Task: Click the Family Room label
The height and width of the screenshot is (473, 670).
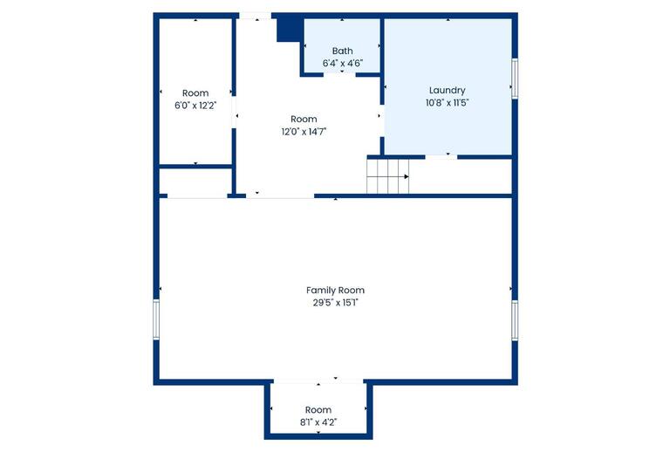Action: pyautogui.click(x=335, y=290)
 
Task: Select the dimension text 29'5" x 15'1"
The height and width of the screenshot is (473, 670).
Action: pyautogui.click(x=335, y=303)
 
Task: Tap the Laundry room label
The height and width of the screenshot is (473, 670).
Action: pyautogui.click(x=447, y=90)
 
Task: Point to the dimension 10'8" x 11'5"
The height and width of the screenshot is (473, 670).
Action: pyautogui.click(x=447, y=102)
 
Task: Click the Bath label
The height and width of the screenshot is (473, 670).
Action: pyautogui.click(x=342, y=51)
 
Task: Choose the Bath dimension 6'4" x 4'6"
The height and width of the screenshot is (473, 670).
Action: pyautogui.click(x=342, y=64)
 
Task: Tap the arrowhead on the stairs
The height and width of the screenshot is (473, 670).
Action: pyautogui.click(x=406, y=176)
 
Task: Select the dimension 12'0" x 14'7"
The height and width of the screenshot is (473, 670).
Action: pyautogui.click(x=304, y=132)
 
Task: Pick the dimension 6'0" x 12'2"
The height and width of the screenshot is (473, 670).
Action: pyautogui.click(x=195, y=106)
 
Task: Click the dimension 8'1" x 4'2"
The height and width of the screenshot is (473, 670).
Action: pyautogui.click(x=318, y=422)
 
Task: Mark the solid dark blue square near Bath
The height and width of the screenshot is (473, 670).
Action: pyautogui.click(x=289, y=28)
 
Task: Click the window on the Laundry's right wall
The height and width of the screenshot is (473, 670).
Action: pyautogui.click(x=515, y=78)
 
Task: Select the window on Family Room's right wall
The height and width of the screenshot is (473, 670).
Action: pyautogui.click(x=515, y=320)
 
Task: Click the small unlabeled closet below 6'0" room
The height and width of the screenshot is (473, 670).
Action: pyautogui.click(x=194, y=182)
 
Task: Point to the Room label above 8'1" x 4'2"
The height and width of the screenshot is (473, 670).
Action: pyautogui.click(x=318, y=410)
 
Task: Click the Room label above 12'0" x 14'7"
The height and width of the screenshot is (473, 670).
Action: pyautogui.click(x=304, y=119)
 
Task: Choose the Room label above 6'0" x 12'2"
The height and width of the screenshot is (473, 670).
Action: pyautogui.click(x=195, y=93)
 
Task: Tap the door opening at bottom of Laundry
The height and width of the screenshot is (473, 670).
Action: pyautogui.click(x=441, y=156)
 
